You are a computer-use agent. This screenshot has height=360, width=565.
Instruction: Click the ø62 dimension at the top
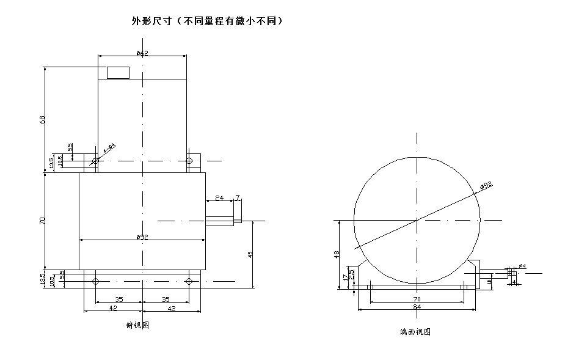point(142,54)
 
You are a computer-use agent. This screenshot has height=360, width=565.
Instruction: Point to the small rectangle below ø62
point(118,73)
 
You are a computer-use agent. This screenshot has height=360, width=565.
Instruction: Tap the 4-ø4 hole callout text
point(109,147)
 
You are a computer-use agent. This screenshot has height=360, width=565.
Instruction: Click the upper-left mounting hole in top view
point(95,161)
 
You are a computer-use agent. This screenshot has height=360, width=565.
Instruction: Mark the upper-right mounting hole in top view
point(189,161)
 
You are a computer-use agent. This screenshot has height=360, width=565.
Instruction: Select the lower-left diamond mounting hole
point(95,281)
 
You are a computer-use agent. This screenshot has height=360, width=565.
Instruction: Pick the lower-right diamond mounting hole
point(189,281)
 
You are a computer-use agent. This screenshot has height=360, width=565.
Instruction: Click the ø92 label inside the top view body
point(142,237)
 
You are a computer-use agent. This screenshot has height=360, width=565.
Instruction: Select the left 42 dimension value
point(112,309)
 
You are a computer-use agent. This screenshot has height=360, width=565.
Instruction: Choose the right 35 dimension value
point(166,299)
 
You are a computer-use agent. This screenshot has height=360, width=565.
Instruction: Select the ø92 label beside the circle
point(486,186)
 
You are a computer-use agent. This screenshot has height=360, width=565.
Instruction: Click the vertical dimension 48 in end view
point(337,254)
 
